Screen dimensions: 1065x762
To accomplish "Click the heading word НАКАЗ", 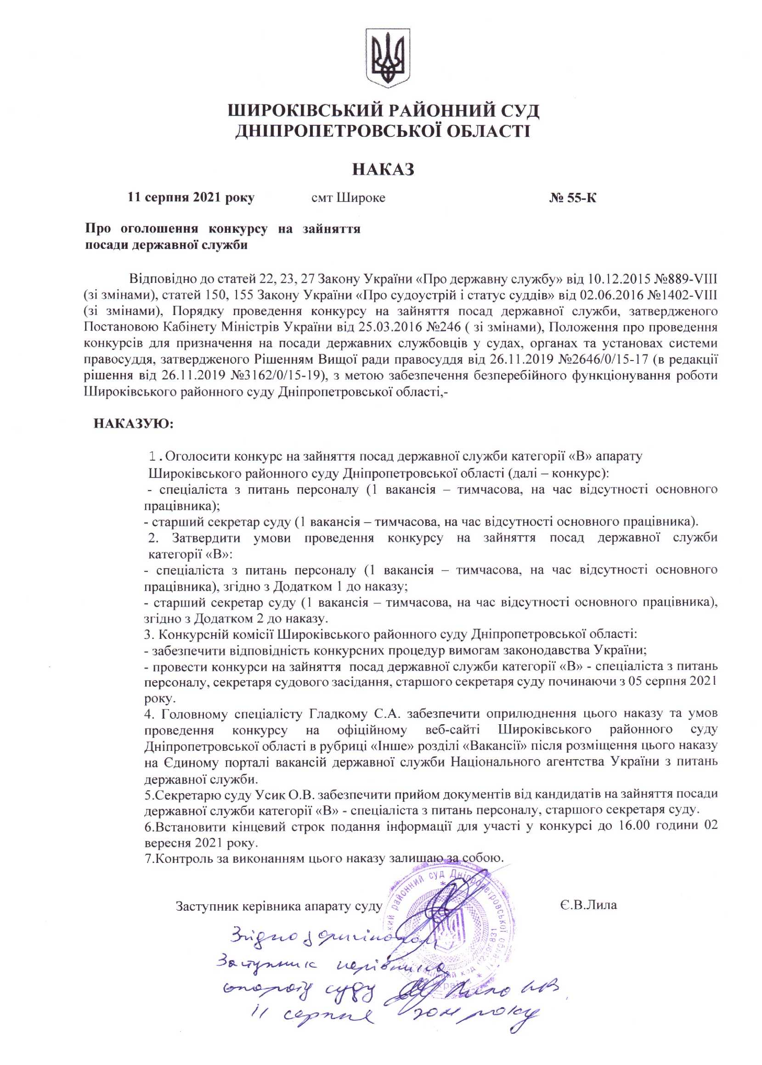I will pyautogui.click(x=383, y=169).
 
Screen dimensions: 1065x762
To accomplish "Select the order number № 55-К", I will pyautogui.click(x=572, y=197).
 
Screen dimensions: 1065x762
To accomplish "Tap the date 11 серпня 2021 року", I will pyautogui.click(x=191, y=197).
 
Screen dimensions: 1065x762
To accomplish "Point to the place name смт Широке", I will pyautogui.click(x=348, y=197).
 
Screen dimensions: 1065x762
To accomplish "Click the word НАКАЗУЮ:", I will pyautogui.click(x=134, y=423).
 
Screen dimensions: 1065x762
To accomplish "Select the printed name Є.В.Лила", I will pyautogui.click(x=588, y=905).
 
